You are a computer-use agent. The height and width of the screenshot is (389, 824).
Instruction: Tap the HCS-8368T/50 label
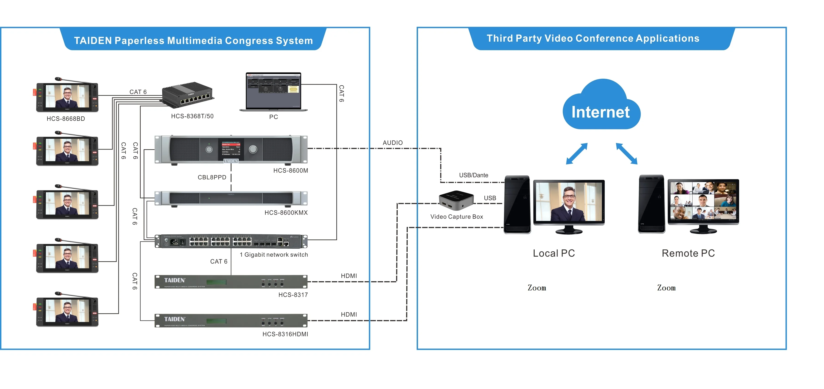coord(192,116)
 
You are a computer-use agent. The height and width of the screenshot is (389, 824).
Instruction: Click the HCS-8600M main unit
coord(231,149)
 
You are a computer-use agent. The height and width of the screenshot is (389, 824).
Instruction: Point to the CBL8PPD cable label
coord(212,177)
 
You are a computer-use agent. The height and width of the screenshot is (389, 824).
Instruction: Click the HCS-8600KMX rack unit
coord(231,198)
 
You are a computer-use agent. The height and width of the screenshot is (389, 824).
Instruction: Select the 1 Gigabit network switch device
coord(231,242)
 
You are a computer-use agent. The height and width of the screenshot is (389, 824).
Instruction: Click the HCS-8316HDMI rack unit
coord(231,321)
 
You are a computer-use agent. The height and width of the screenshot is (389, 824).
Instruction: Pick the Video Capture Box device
coord(456,201)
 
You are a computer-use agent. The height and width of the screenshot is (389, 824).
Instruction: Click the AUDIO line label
coord(393,143)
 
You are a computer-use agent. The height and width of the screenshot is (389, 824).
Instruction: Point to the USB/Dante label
coord(473,175)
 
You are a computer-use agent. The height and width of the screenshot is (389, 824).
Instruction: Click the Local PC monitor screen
coord(569,202)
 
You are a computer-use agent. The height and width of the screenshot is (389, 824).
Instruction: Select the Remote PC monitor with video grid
coord(703,202)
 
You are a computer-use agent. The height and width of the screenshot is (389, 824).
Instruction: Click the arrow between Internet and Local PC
coord(577,154)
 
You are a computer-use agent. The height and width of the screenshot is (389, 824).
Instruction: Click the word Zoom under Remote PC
coord(666,288)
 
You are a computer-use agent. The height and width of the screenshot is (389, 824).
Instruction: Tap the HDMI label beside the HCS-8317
coord(349,276)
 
